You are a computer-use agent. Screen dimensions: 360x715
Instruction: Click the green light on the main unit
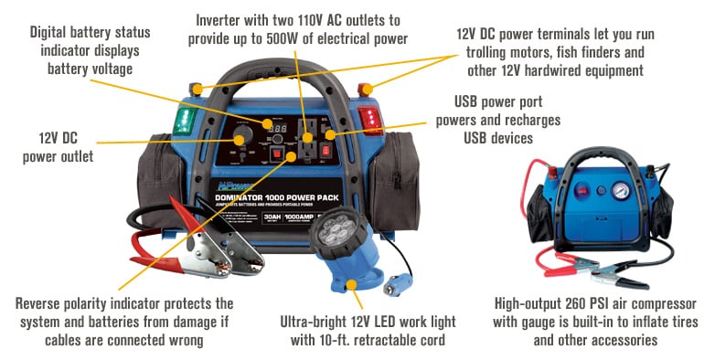coord(186,121)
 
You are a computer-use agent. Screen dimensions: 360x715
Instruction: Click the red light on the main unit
coord(371,121)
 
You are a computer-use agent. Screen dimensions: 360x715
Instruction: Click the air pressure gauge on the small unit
coord(620,192)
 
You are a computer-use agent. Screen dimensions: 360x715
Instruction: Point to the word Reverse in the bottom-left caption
coord(42,303)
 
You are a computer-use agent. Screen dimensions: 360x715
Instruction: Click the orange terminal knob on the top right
coord(367,89)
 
